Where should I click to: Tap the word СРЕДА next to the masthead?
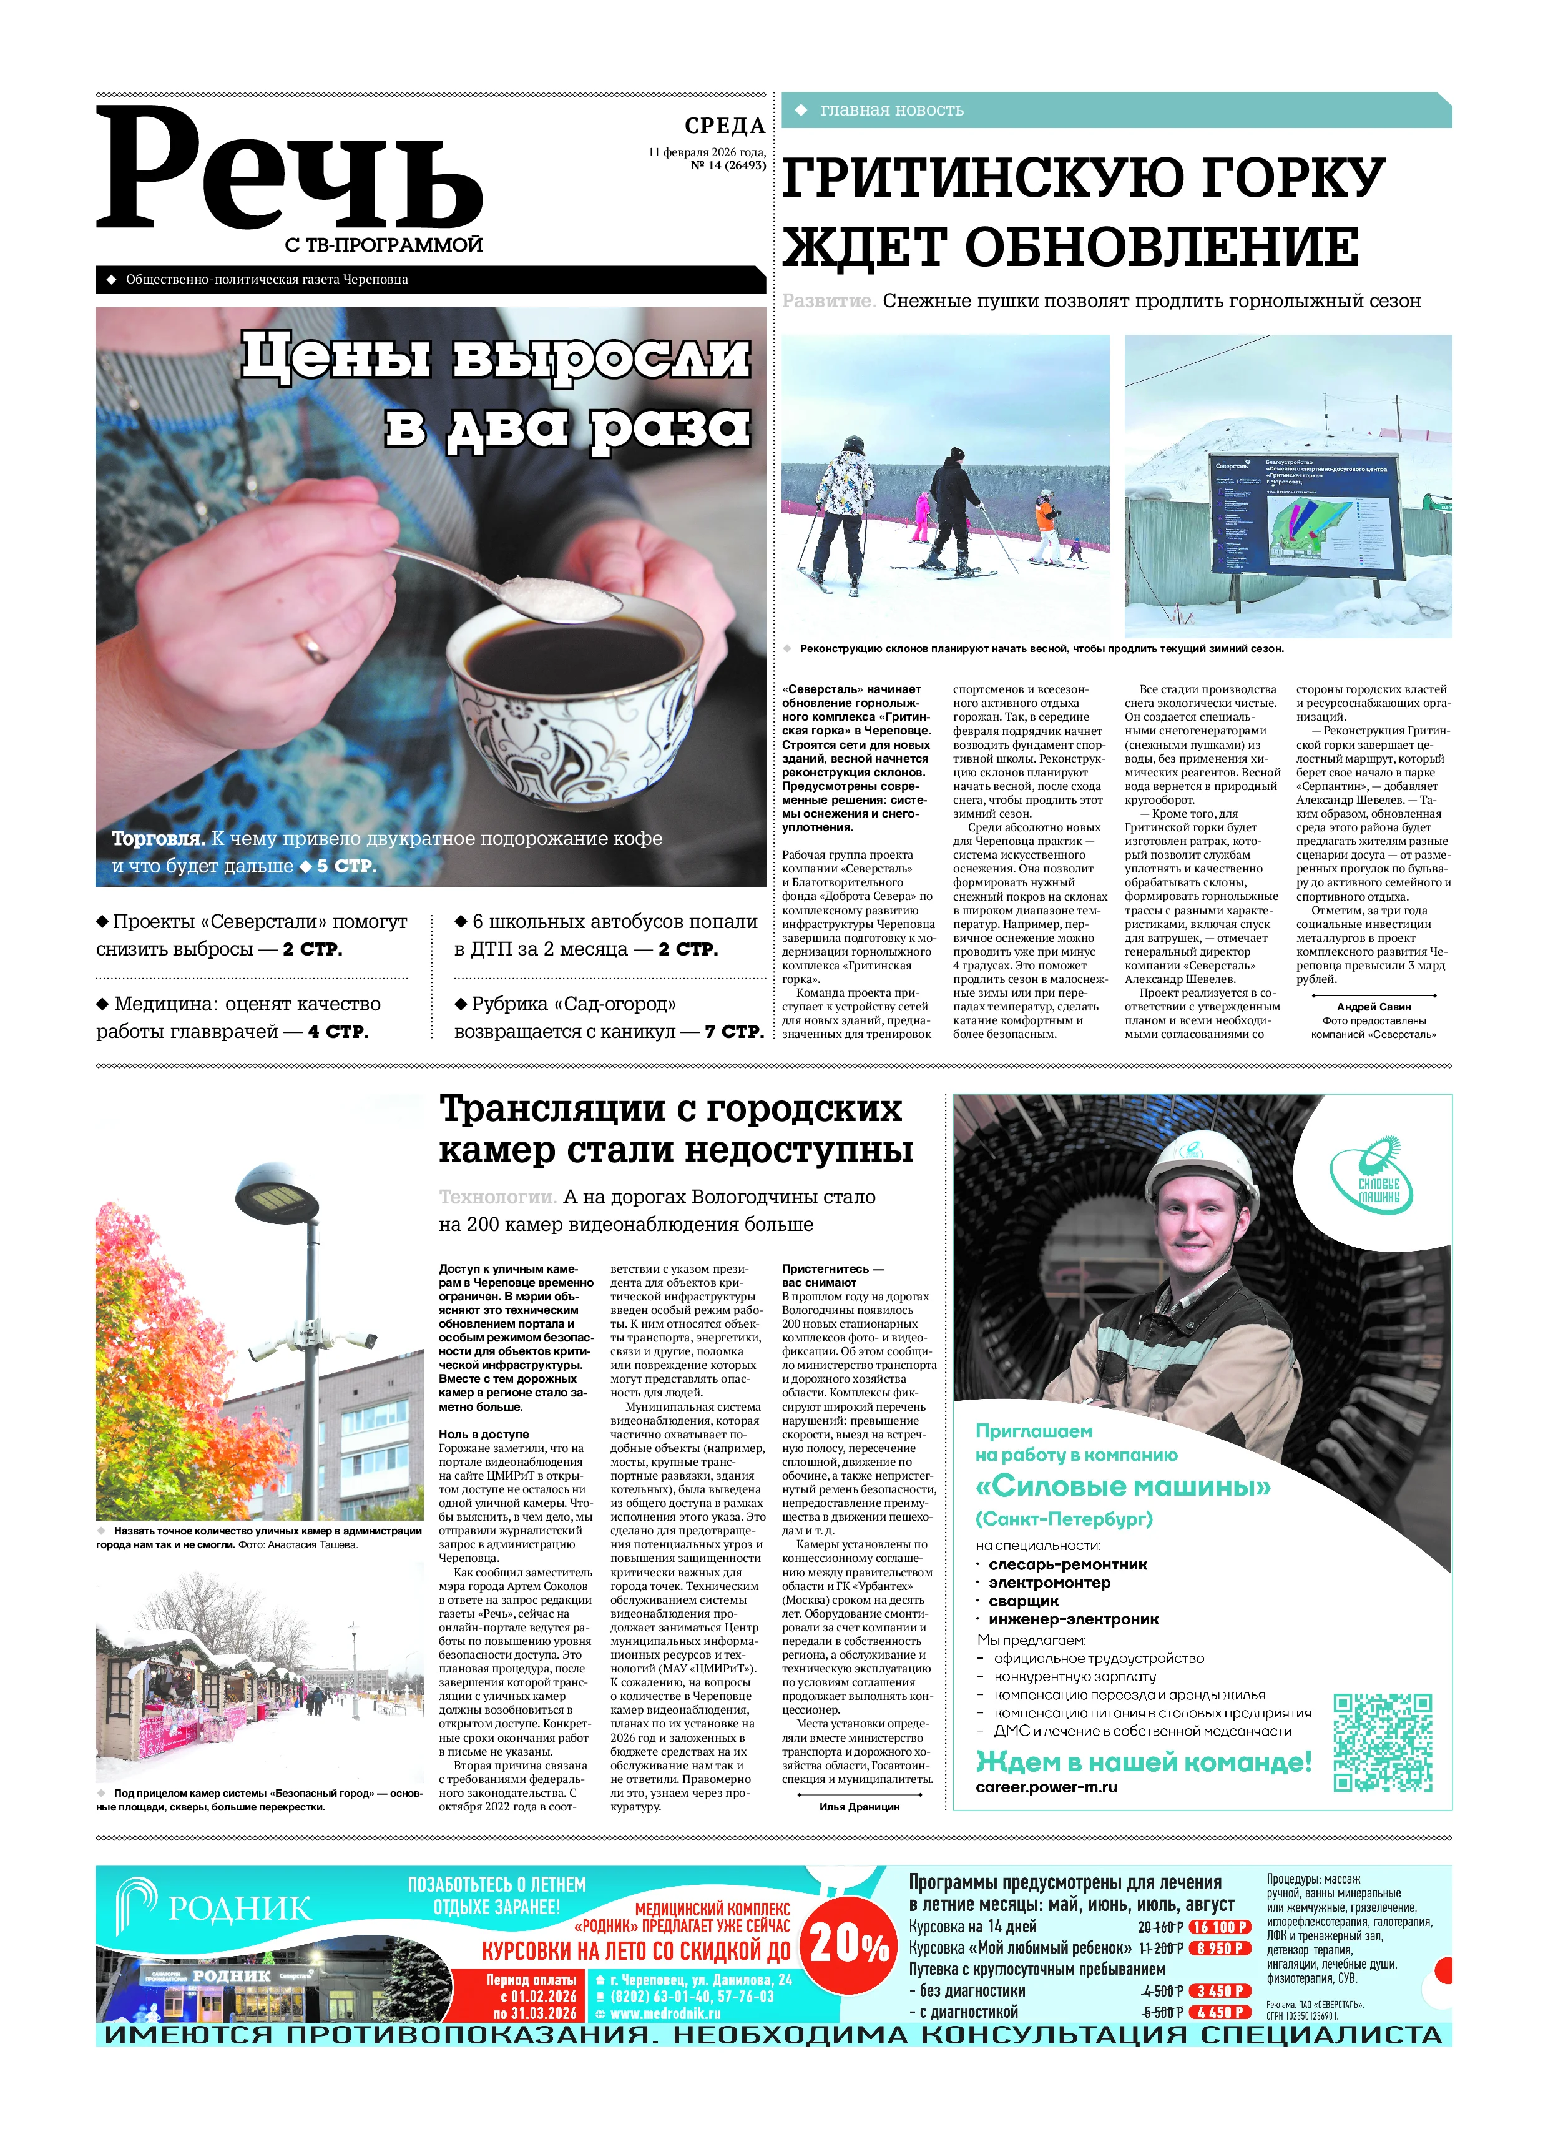point(724,126)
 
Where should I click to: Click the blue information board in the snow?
point(1306,515)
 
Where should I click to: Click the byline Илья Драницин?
point(859,1806)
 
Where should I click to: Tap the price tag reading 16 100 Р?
point(1219,1927)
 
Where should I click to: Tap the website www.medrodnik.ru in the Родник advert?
point(665,2013)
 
